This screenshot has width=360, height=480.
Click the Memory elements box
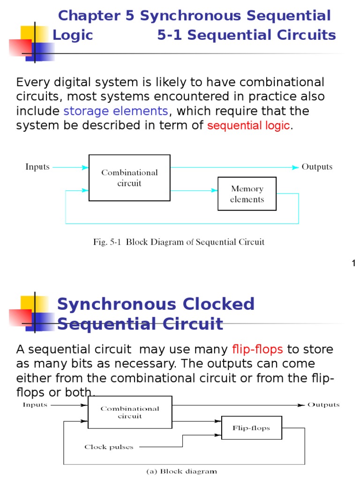tap(247, 194)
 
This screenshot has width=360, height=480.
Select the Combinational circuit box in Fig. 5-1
tap(129, 178)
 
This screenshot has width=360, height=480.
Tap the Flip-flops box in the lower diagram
tap(251, 428)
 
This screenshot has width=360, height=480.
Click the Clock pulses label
tap(109, 447)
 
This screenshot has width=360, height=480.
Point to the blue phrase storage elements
tap(115, 111)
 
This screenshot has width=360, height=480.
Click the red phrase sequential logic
tap(248, 126)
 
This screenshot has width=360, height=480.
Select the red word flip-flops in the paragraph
tap(257, 349)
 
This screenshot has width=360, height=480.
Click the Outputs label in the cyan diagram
tap(317, 167)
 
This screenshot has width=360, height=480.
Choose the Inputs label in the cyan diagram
tap(37, 167)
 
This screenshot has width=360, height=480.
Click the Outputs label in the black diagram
tap(323, 405)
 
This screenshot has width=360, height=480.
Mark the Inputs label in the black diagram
tap(35, 405)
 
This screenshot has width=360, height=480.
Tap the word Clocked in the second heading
tap(210, 304)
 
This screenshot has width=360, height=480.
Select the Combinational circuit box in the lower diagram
tap(129, 412)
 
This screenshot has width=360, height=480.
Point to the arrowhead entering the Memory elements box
tap(215, 190)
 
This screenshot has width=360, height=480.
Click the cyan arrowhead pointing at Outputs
tap(295, 167)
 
